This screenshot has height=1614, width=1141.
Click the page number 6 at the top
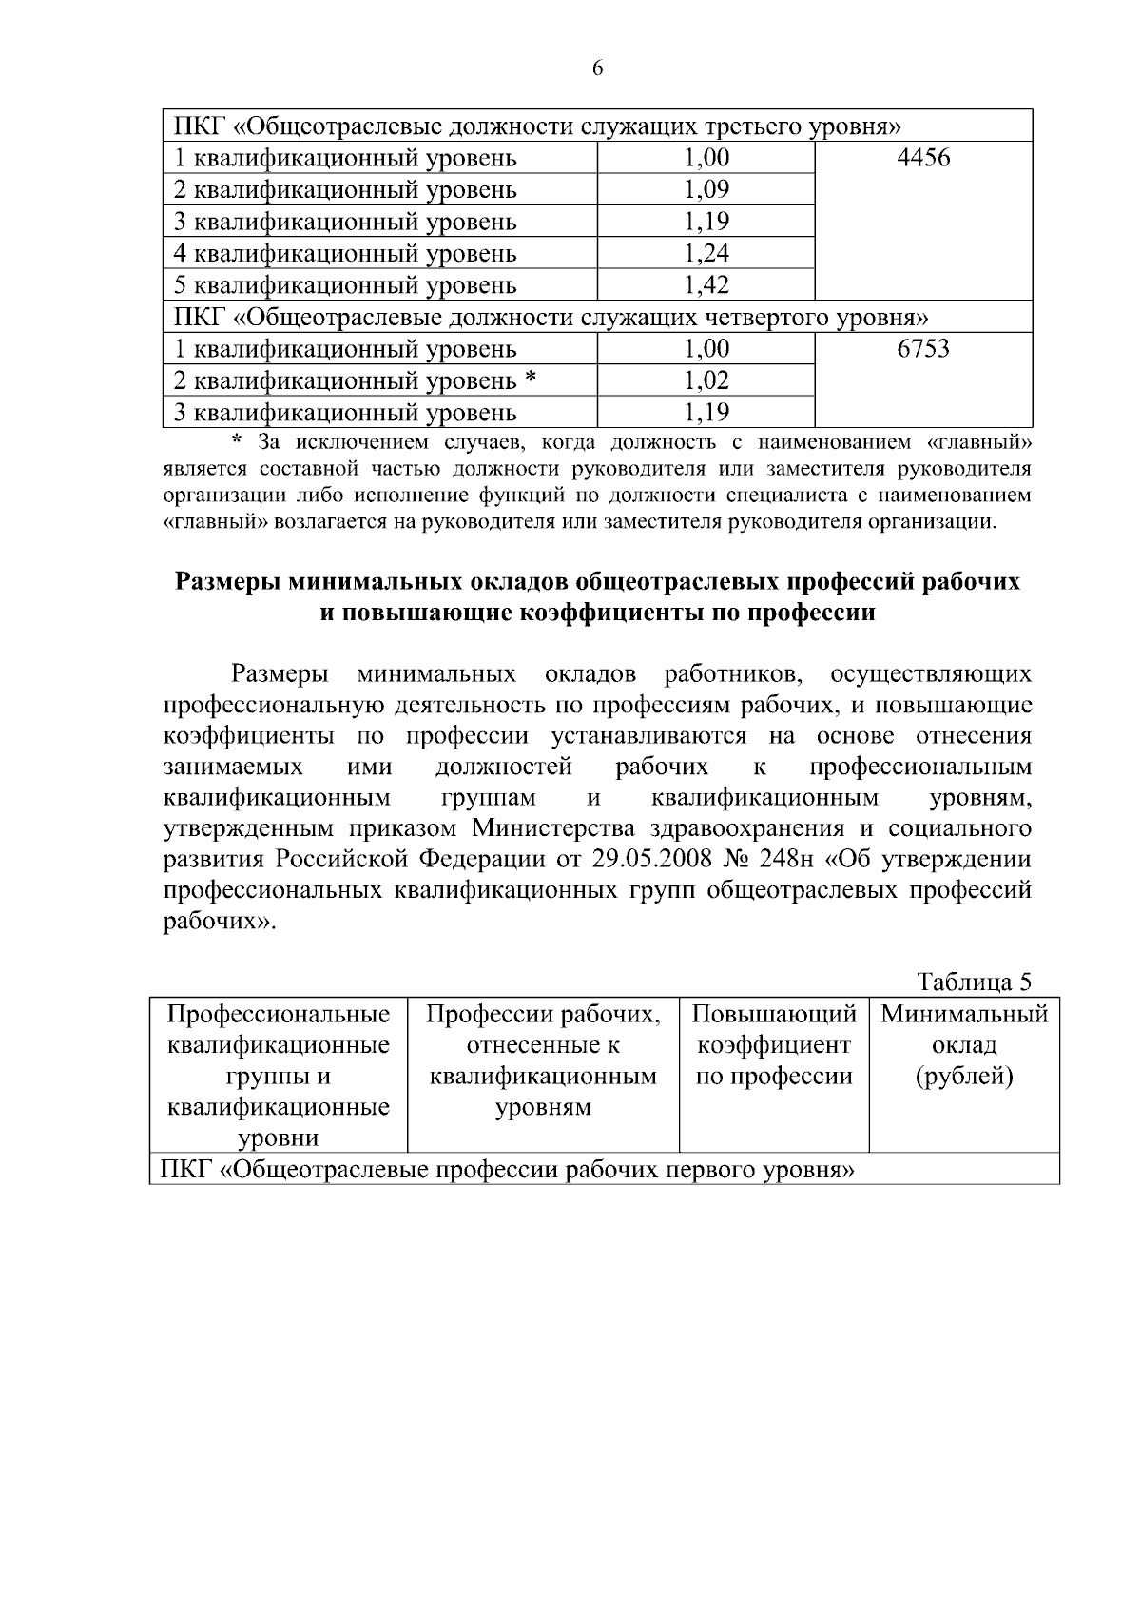[x=597, y=68]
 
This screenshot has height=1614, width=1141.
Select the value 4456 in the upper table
[x=922, y=158]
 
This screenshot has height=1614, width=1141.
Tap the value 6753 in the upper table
[x=922, y=349]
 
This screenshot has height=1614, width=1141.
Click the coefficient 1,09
[x=706, y=190]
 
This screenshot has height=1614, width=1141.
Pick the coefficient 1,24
[x=706, y=254]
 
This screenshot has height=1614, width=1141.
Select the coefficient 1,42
[x=706, y=285]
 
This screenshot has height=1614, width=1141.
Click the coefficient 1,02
[x=706, y=381]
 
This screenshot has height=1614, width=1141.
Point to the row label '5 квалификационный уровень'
[x=345, y=285]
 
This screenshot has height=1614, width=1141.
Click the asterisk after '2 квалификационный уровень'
[x=531, y=379]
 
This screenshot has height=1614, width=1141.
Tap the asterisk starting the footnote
[x=239, y=440]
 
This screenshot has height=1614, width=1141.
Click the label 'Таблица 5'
[x=974, y=982]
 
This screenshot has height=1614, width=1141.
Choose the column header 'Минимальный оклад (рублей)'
[x=964, y=1045]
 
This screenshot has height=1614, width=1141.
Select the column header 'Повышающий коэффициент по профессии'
[x=774, y=1045]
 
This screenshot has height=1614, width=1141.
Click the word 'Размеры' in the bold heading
[x=226, y=580]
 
